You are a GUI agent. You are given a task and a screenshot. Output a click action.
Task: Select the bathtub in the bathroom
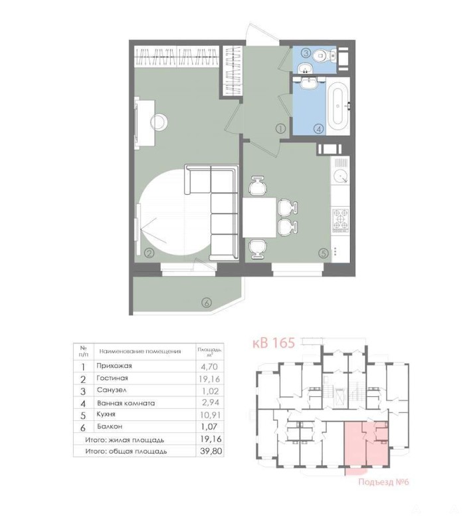pos(338,106)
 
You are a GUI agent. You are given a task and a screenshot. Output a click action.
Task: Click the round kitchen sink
pos(340,176)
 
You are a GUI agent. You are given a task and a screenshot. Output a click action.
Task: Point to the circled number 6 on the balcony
pos(206,302)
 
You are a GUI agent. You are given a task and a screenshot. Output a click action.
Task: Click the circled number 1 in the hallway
pos(280,128)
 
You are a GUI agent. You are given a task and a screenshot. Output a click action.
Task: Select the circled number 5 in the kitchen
pos(324,253)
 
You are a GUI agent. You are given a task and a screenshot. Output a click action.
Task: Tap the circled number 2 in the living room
pos(149,253)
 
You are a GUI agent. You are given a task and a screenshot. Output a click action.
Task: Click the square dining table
pos(260,217)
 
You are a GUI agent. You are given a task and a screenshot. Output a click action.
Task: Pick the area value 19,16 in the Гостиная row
pos(210,378)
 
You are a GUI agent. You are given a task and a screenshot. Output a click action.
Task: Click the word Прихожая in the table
pos(114,366)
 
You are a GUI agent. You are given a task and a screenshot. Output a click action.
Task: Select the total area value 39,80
pos(211,451)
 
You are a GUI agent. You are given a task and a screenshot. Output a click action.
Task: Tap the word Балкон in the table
pos(110,426)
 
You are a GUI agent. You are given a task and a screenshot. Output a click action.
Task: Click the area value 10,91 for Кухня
pos(210,414)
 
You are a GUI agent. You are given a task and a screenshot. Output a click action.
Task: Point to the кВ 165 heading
pos(274,342)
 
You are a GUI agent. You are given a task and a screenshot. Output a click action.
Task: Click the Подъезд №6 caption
pos(383,481)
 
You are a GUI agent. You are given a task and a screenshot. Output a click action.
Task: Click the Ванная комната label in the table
pos(126,404)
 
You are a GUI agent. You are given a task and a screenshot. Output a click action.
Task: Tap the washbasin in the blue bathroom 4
pos(308,83)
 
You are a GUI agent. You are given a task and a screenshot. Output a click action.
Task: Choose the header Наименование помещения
pos(140,352)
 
